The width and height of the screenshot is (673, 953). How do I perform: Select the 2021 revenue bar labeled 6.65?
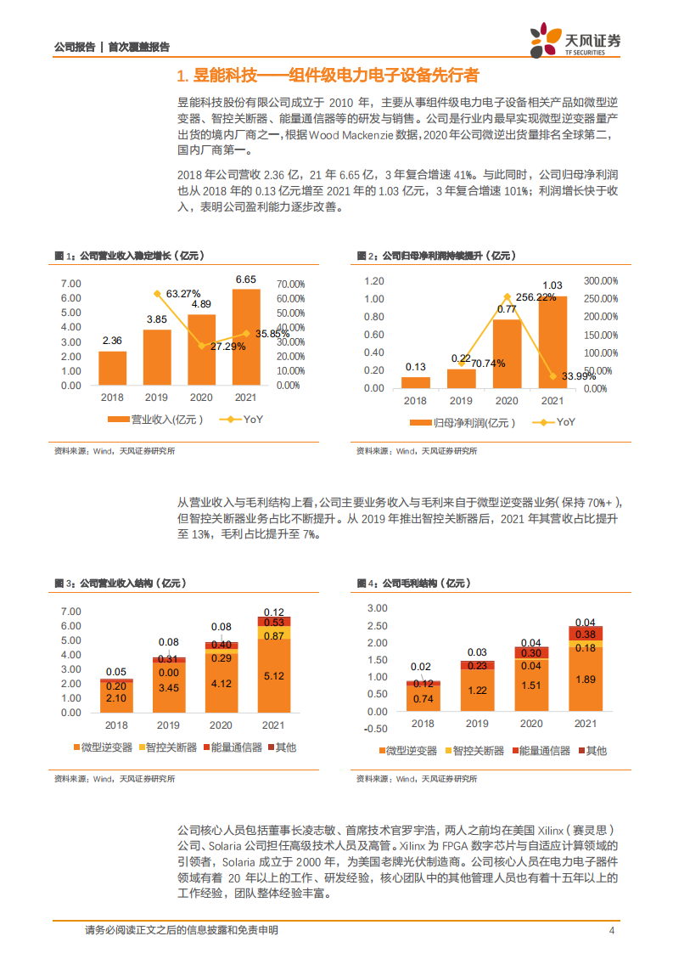246,336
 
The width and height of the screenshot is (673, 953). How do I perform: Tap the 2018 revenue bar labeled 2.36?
112,367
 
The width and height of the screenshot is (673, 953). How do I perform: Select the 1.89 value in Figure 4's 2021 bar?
586,679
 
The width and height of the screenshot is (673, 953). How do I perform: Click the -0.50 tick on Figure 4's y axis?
374,728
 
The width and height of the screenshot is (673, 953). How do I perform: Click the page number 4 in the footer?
612,930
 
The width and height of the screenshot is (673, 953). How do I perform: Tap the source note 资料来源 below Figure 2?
417,451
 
